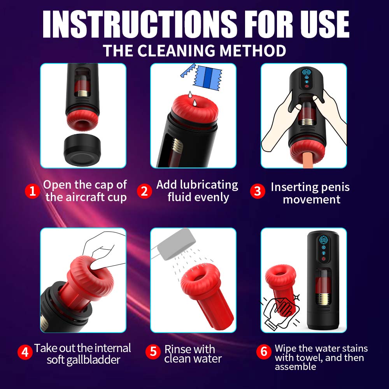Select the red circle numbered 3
pyautogui.click(x=257, y=191)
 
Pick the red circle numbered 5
pyautogui.click(x=153, y=352)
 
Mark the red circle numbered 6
pyautogui.click(x=264, y=352)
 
